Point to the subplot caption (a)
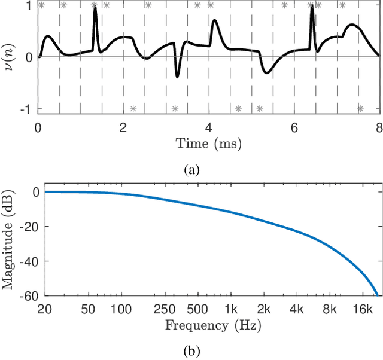(x=191, y=170)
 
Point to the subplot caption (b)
(x=191, y=350)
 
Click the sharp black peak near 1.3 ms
(x=95, y=8)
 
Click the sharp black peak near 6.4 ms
(x=312, y=8)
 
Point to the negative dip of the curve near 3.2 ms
(x=177, y=77)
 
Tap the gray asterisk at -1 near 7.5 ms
(x=360, y=108)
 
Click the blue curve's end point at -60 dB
(x=377, y=295)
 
